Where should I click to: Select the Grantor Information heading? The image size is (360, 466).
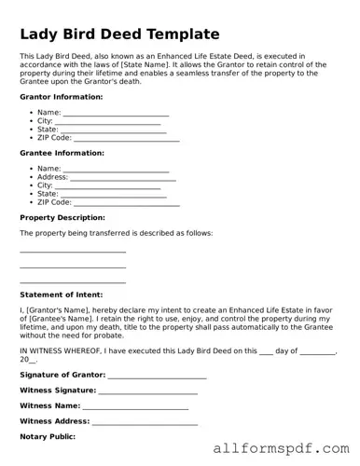(61, 97)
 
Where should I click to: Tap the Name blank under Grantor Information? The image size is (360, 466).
(116, 113)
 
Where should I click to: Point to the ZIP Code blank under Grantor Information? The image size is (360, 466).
(126, 139)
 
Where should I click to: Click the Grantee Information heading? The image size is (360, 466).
(62, 153)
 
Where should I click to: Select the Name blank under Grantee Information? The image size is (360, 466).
(116, 169)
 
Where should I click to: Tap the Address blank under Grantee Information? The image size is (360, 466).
(123, 177)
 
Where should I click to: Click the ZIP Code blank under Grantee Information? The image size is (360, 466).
(126, 202)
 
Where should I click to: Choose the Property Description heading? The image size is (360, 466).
(62, 217)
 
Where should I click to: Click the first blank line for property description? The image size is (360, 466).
(73, 251)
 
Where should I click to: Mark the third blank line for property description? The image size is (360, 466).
(73, 281)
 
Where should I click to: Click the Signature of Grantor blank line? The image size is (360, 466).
(157, 377)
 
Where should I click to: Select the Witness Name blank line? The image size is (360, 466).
(135, 407)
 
